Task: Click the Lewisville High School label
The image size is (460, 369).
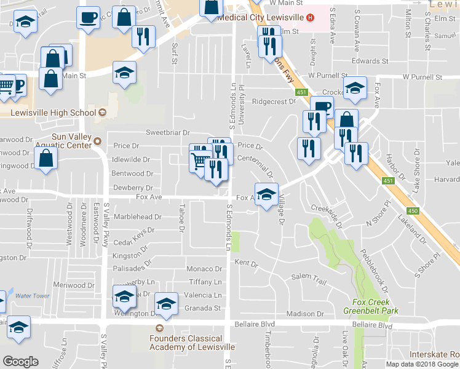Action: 54,113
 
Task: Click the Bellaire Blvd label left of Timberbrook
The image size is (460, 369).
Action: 253,323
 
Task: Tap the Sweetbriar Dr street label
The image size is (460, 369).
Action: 168,132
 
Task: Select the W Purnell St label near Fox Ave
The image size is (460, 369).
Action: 422,78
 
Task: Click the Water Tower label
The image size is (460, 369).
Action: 32,296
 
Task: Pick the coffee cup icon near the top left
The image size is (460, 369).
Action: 88,17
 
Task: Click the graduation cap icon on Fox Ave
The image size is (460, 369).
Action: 266,196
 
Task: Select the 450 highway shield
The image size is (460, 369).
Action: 413,211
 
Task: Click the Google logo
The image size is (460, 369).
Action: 20,362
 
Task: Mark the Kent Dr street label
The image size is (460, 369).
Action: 246,263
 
